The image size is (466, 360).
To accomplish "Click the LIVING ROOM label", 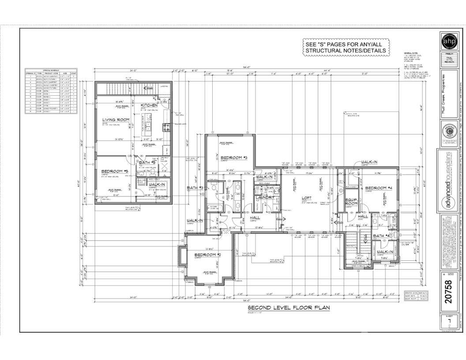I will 116,120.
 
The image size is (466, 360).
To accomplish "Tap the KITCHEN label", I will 149,105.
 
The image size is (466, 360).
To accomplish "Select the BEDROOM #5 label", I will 114,171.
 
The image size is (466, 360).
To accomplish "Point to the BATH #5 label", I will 146,162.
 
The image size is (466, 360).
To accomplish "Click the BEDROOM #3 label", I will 233,158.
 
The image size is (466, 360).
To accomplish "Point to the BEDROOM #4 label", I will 379,188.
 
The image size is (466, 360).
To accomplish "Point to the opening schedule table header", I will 51,70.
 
